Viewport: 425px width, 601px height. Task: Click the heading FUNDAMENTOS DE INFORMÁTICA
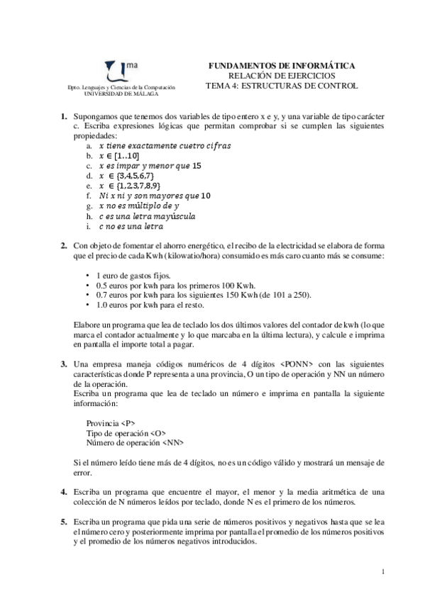coord(282,66)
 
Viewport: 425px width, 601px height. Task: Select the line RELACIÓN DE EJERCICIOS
coord(282,76)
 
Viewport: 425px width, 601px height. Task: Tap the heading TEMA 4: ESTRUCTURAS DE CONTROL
coord(282,86)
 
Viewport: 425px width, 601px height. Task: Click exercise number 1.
coord(63,116)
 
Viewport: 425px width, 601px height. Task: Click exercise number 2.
coord(63,245)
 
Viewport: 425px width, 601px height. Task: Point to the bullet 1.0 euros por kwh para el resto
coord(148,305)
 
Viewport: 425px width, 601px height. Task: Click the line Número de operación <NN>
coord(135,443)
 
